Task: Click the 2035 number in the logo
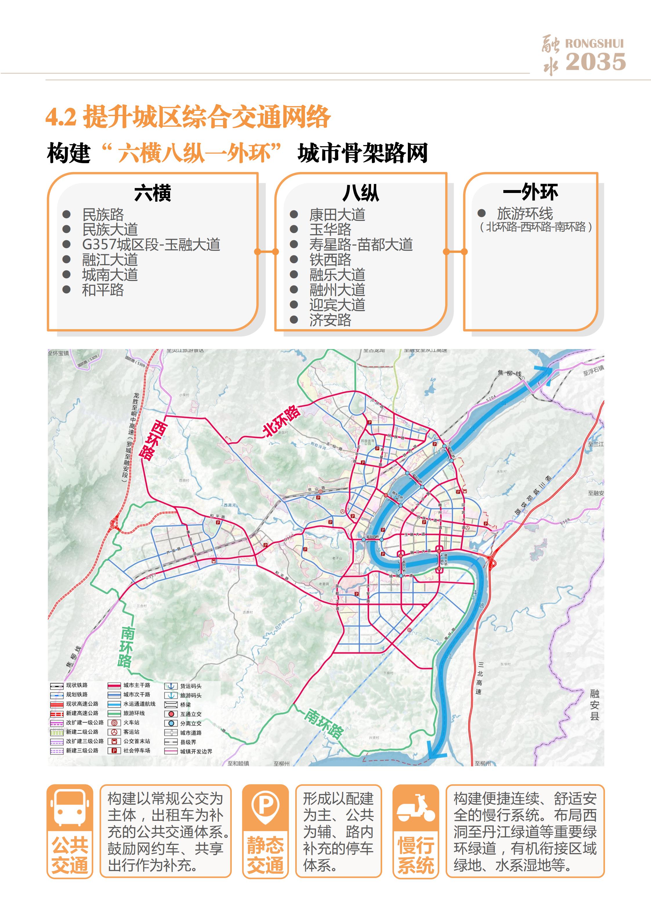[595, 62]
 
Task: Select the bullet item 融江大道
[110, 259]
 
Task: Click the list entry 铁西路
[330, 259]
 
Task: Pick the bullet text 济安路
[330, 320]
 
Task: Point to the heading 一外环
[530, 192]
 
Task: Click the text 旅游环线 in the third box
[525, 213]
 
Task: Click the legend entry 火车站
[131, 723]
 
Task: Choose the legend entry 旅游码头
[191, 696]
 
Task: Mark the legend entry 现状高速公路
[82, 704]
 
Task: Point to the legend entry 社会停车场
[136, 750]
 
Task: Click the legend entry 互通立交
[191, 714]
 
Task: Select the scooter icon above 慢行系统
[415, 808]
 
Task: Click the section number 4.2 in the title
[61, 118]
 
